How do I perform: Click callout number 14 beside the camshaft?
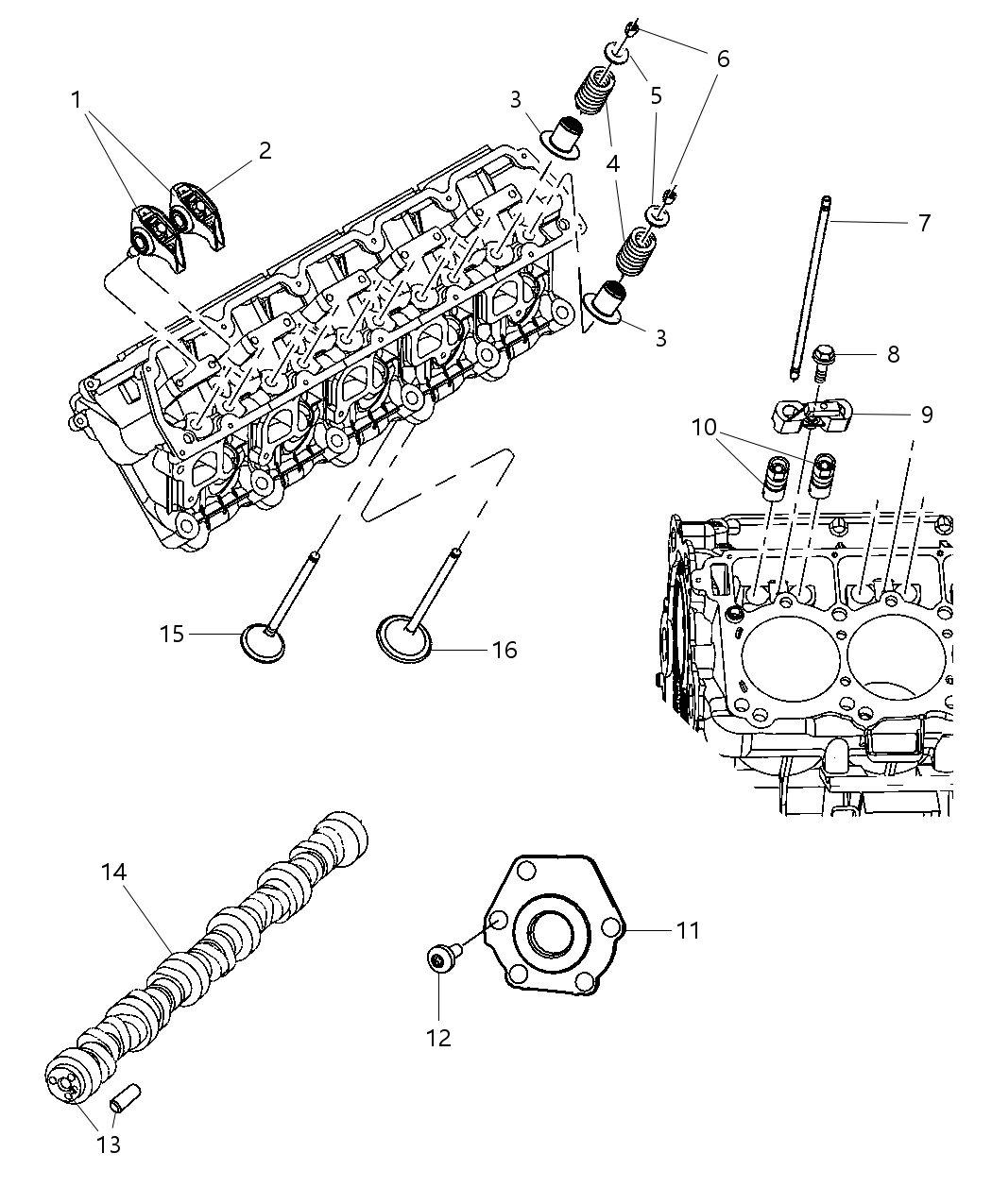[x=113, y=873]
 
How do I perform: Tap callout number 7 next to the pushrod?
[x=924, y=223]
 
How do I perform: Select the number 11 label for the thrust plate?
[x=689, y=930]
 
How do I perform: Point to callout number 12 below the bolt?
[x=438, y=1038]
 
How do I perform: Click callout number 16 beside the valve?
[x=505, y=650]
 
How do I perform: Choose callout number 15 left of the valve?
[x=172, y=634]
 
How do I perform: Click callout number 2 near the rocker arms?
[x=265, y=150]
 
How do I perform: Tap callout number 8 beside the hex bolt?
[x=893, y=354]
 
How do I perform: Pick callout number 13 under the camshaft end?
[x=110, y=1145]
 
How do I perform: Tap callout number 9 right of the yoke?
[x=926, y=415]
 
